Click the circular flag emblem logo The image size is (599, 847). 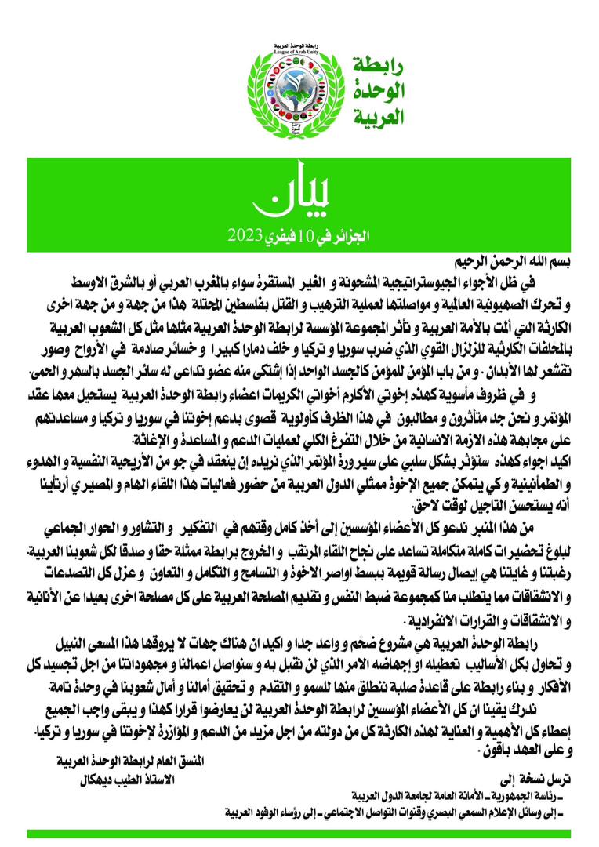(x=299, y=93)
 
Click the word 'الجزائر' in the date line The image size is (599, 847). (x=348, y=234)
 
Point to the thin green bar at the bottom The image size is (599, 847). (x=299, y=833)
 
